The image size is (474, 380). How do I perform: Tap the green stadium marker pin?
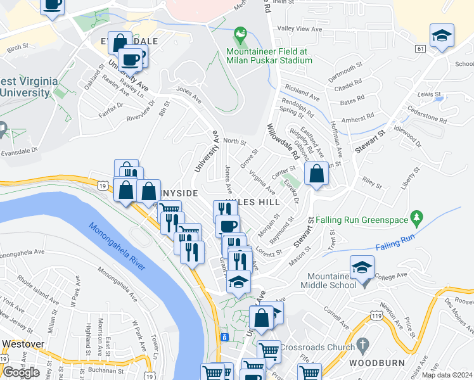point(240,34)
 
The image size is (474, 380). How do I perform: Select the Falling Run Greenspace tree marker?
point(416,217)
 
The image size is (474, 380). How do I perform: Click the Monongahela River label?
point(117,246)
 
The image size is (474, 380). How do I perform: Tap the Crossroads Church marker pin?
point(362,346)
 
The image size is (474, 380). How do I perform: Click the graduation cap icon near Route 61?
point(442,35)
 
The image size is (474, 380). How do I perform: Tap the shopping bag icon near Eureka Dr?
point(316,174)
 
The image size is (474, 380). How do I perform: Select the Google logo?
point(20,372)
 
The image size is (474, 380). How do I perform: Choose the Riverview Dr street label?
point(141,109)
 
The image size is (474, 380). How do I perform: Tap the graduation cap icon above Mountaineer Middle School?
point(362,267)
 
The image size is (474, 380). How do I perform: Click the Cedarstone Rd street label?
point(426,120)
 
